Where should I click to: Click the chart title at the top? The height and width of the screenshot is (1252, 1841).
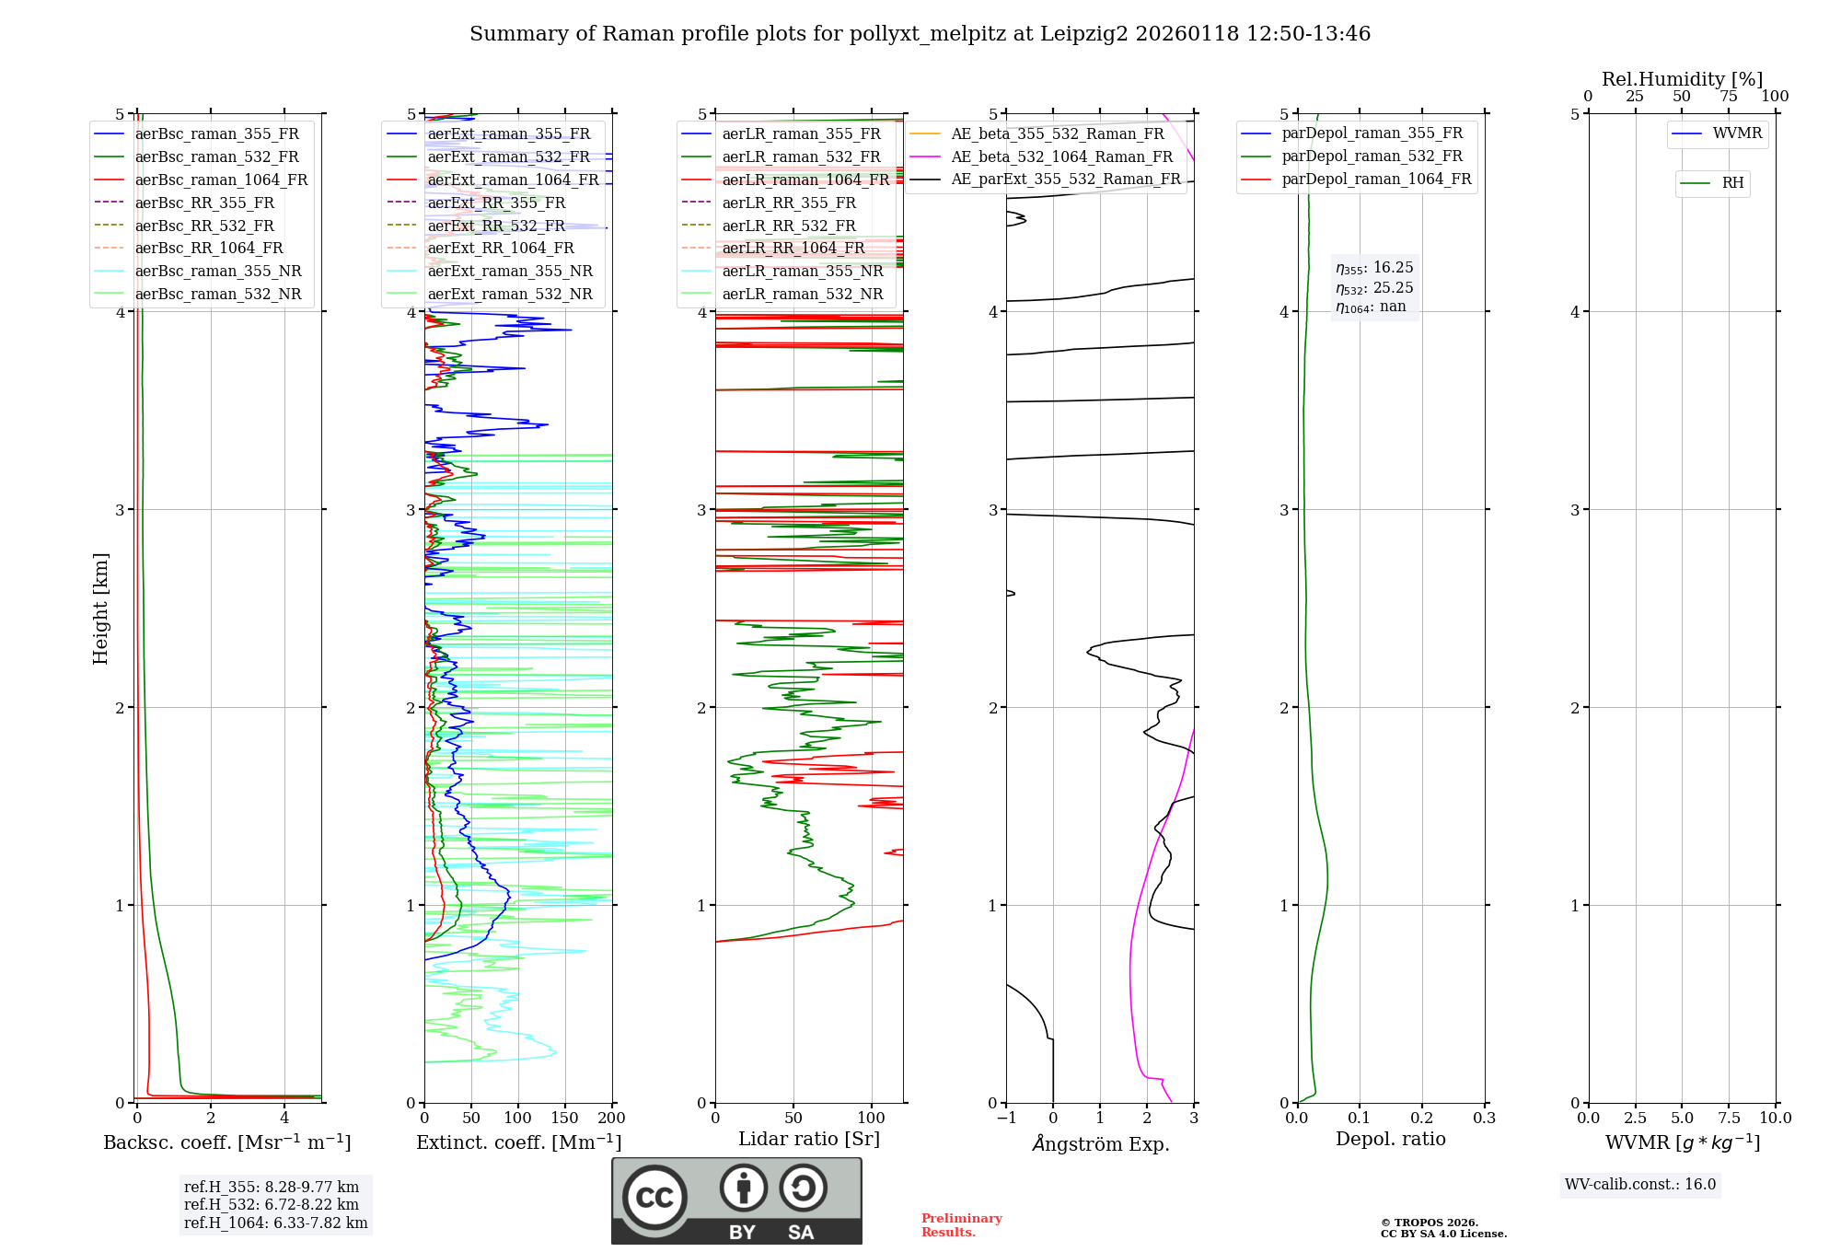click(x=920, y=34)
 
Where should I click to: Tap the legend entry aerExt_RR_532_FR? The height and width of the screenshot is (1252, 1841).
click(x=496, y=226)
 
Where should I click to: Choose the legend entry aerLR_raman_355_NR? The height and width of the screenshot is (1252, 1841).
click(x=802, y=271)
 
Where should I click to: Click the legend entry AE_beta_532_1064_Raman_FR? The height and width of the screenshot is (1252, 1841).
click(x=1061, y=156)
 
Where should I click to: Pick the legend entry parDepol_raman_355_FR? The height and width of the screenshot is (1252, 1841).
click(x=1372, y=133)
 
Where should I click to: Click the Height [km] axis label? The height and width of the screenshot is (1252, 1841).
click(x=100, y=609)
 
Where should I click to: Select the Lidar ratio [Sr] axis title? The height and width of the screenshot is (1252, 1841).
click(x=809, y=1139)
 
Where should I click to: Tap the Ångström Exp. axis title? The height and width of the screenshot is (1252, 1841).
click(x=1101, y=1143)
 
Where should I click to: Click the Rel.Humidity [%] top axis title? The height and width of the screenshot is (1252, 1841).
click(x=1682, y=79)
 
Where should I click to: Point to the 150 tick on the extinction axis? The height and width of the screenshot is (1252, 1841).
click(x=564, y=1118)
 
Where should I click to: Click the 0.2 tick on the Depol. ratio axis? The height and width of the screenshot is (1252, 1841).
click(x=1422, y=1118)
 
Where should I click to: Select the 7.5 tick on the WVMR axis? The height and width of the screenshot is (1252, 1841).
click(x=1729, y=1118)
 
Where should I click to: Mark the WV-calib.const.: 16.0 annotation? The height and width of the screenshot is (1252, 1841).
click(x=1640, y=1184)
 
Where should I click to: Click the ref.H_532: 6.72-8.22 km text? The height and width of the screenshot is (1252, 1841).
click(x=272, y=1204)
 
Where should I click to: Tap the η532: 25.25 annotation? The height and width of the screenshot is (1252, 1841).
click(x=1374, y=287)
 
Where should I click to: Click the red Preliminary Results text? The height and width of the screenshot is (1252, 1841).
click(x=961, y=1224)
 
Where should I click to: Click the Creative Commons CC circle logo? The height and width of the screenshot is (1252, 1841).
click(x=654, y=1197)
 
